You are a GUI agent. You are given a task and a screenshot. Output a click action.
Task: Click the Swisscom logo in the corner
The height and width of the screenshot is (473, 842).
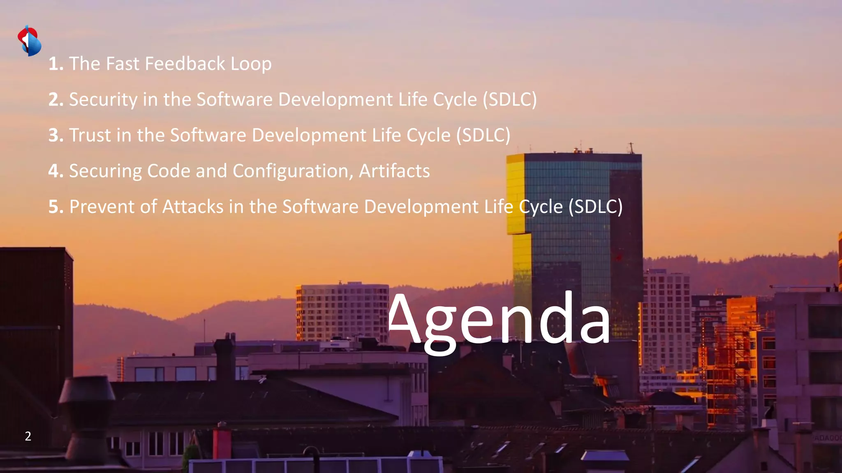[29, 41]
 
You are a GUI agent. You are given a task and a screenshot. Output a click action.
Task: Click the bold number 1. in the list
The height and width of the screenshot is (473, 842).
[56, 64]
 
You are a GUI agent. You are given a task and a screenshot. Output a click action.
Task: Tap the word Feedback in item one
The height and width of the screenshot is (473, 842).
[185, 64]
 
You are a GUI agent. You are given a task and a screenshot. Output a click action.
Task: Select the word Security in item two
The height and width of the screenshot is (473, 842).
[103, 100]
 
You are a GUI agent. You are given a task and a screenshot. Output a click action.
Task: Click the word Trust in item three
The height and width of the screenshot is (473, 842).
[90, 135]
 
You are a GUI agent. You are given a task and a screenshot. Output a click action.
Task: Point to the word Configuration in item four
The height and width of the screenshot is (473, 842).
[293, 171]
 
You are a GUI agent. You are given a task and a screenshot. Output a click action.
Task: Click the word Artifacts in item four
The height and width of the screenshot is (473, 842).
[394, 171]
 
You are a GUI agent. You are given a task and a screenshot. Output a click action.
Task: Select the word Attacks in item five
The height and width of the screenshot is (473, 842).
[193, 207]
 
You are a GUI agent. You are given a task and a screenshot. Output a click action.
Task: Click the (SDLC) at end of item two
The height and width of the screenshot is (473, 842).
[510, 100]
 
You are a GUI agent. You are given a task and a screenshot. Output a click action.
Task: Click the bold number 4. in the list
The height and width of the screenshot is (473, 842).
[56, 171]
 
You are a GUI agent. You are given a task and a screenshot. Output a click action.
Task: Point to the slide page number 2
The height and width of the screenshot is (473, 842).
[28, 436]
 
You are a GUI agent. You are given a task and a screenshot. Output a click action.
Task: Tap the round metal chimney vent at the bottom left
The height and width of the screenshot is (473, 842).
[87, 415]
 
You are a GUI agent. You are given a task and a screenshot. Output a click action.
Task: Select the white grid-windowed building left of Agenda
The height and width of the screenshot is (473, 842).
[341, 312]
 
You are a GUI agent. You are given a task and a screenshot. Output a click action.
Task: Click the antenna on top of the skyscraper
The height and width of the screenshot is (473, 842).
[631, 147]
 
